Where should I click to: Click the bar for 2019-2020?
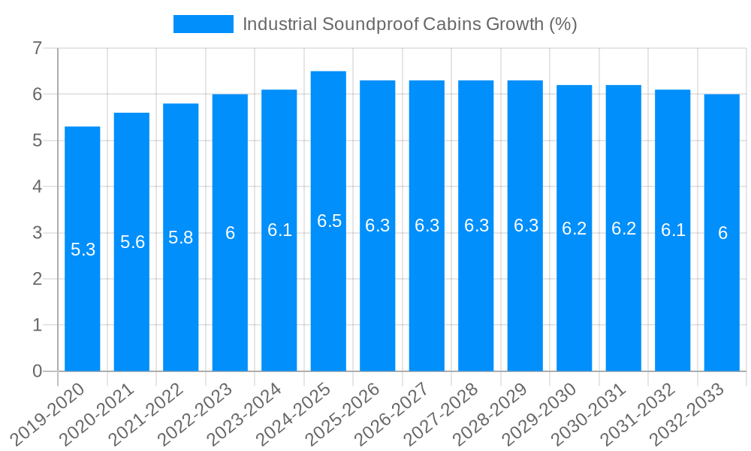coord(83,301)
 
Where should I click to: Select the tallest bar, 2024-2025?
coord(328,301)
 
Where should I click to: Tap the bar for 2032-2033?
coord(722,301)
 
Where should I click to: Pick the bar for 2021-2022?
coord(181,301)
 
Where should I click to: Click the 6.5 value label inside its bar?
coord(329,221)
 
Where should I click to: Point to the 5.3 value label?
coord(83,250)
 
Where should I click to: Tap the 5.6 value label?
coord(132,242)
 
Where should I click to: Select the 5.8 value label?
coord(181,238)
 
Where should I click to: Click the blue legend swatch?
coord(203,24)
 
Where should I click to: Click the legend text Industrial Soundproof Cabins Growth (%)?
coord(409,24)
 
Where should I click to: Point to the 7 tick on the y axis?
coord(37,48)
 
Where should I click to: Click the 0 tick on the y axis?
coord(37,371)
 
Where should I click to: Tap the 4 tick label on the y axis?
coord(37,186)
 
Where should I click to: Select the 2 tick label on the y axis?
coord(37,279)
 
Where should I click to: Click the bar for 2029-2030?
coord(575,301)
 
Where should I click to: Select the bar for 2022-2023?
coord(230,301)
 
